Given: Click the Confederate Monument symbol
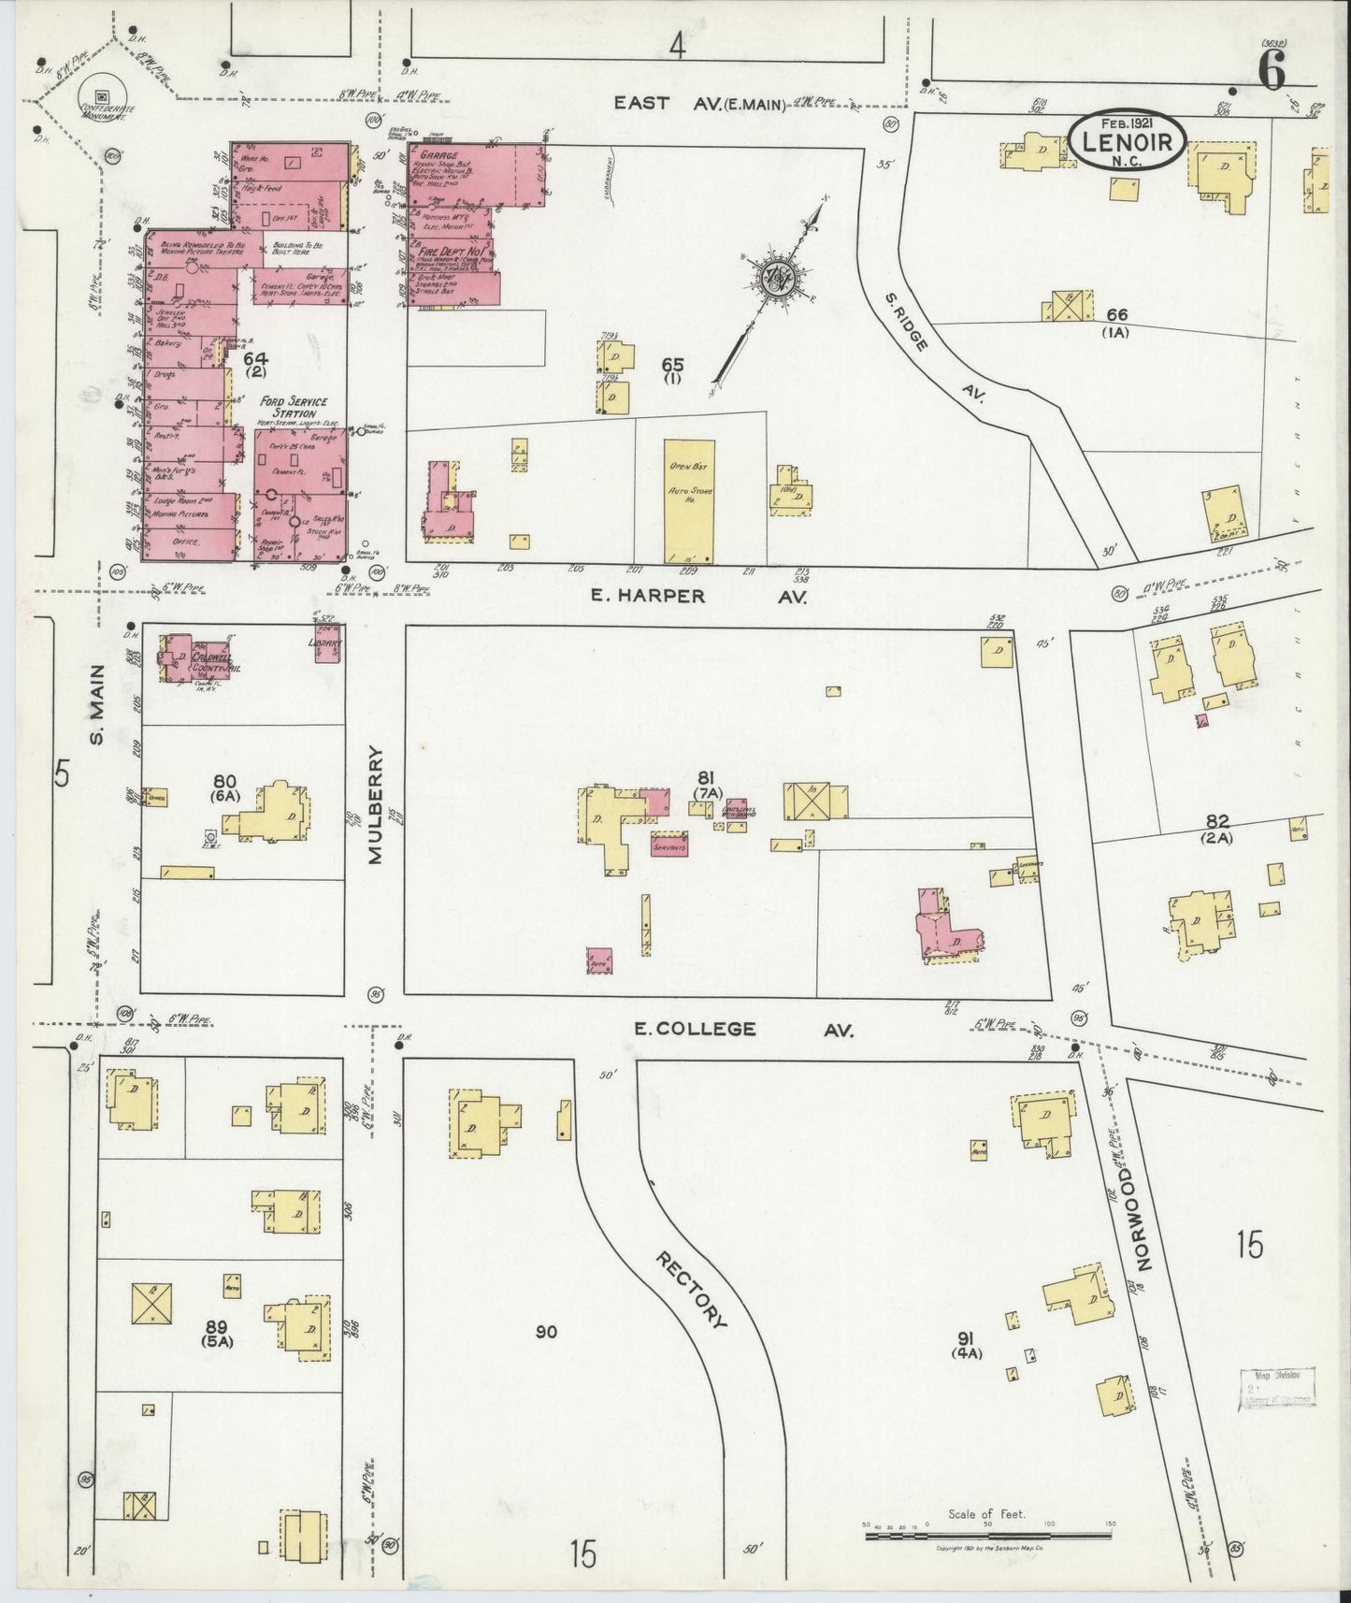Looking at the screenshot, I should (x=100, y=95).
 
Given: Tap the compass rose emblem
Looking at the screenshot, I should (x=775, y=277).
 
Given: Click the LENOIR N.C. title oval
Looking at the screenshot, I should (x=1128, y=141).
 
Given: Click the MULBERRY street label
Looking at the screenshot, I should (x=377, y=804).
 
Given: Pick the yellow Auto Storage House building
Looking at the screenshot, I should (x=690, y=501).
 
